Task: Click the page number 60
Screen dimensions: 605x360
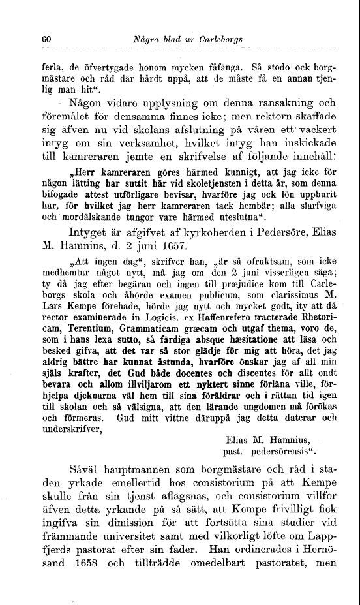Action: point(46,39)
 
